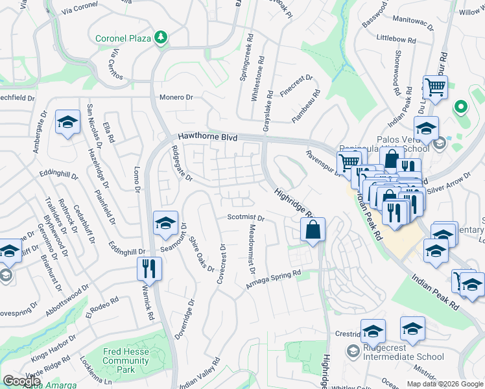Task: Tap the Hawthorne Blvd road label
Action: click(208, 137)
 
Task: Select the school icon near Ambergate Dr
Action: click(67, 124)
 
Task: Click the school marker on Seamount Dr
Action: click(165, 224)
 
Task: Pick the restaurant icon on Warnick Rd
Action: click(150, 268)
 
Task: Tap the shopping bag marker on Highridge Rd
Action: click(313, 230)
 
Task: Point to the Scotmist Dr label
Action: click(246, 218)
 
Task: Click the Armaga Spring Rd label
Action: click(274, 280)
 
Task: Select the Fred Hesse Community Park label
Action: click(126, 360)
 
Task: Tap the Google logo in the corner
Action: click(21, 381)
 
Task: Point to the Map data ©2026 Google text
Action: click(444, 384)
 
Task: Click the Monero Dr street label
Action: click(177, 97)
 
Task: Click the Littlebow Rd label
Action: click(396, 39)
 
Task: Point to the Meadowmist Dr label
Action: click(252, 250)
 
